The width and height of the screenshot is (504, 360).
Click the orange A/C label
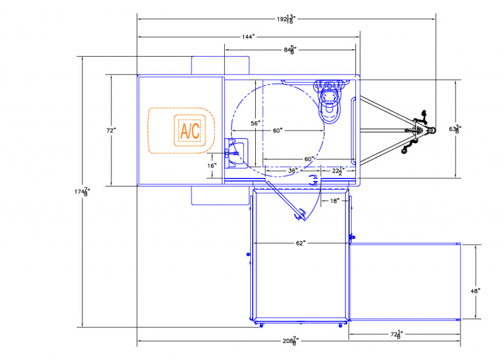190,131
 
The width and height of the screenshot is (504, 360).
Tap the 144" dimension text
248,37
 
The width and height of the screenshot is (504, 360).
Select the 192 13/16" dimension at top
287,20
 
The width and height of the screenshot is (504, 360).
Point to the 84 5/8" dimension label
290,50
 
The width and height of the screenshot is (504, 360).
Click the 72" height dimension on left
112,131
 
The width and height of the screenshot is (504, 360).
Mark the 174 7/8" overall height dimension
83,192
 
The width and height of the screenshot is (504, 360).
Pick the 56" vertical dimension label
255,123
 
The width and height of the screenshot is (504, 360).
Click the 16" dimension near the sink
212,166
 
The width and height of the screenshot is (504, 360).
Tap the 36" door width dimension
292,170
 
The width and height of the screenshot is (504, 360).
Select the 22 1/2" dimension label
338,171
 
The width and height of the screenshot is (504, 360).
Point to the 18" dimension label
335,200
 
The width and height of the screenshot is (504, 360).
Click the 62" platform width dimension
301,243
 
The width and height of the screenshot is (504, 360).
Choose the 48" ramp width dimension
476,291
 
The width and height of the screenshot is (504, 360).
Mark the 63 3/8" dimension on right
454,129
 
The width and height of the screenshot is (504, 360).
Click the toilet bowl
329,104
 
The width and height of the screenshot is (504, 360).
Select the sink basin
238,153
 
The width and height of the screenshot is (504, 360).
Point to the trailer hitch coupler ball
432,131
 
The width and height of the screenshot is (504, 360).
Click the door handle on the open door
301,214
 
